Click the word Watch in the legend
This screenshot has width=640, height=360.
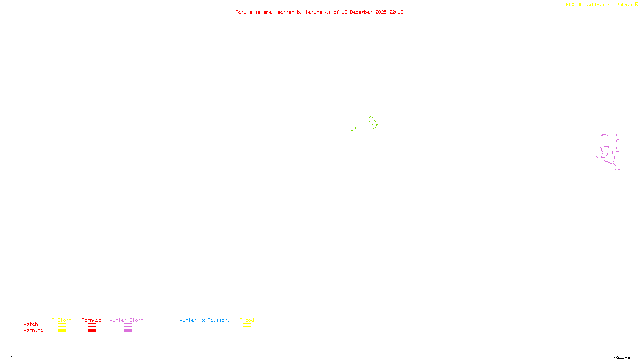(31, 324)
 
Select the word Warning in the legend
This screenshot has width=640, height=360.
(33, 330)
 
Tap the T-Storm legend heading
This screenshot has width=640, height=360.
(62, 320)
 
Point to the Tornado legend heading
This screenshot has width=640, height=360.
(92, 320)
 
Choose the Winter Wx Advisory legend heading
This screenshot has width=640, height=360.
(205, 320)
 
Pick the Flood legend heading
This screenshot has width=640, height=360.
(247, 320)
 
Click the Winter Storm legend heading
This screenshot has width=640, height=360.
(126, 320)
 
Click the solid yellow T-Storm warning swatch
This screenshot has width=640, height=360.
(62, 331)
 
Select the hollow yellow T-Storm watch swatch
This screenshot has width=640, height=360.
(62, 325)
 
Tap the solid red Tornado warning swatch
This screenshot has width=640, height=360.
(92, 331)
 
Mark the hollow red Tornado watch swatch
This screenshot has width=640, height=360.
(92, 325)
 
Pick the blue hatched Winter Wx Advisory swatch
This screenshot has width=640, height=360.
(204, 331)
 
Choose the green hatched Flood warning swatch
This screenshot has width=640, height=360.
(247, 331)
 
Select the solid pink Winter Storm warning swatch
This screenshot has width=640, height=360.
(128, 331)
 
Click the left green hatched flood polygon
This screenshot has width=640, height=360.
(352, 127)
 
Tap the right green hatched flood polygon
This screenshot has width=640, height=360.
(373, 122)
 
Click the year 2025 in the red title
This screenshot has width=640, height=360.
(381, 12)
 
